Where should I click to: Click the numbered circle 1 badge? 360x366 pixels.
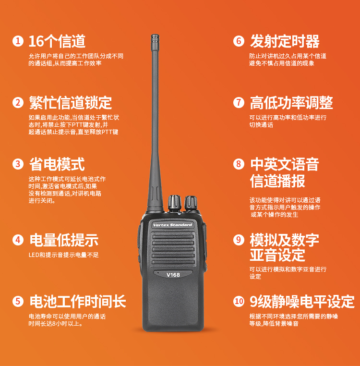point(18,41)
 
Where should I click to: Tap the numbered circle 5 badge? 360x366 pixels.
point(18,301)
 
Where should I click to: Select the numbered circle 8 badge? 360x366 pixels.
point(239,164)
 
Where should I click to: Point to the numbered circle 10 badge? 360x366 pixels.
point(239,301)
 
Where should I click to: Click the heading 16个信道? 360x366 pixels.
point(57,41)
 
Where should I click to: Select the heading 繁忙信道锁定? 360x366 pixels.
point(71,103)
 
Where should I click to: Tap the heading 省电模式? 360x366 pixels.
point(57,164)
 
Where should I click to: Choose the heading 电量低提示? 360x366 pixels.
point(64,240)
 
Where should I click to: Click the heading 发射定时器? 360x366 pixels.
point(285,41)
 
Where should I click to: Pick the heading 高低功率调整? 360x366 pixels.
point(291,103)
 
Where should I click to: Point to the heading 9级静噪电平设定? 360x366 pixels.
point(302,301)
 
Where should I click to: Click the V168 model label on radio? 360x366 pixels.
point(173,275)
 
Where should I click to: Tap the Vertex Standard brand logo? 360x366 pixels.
point(173,225)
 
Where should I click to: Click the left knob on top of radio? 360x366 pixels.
point(175,203)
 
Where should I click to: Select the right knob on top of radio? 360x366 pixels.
point(191,203)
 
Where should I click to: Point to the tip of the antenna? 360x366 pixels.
point(155,35)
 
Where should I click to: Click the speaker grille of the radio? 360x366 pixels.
point(173,249)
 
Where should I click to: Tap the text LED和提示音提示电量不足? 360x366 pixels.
point(64,255)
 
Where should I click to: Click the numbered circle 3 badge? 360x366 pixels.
point(18,164)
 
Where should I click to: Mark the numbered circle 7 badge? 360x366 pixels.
point(239,102)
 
